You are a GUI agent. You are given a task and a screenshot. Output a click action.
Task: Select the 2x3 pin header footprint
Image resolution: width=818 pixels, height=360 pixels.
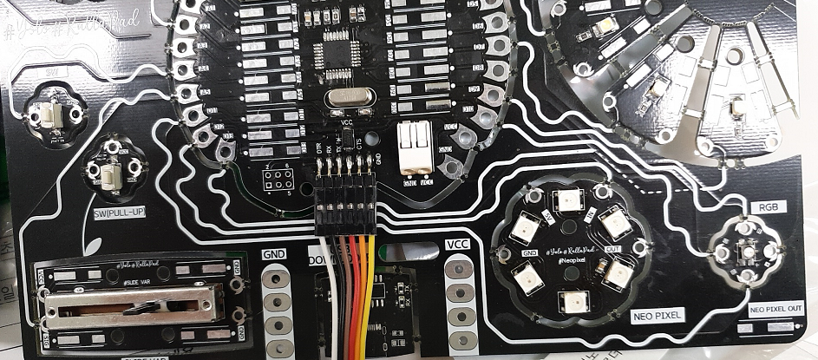(278, 180)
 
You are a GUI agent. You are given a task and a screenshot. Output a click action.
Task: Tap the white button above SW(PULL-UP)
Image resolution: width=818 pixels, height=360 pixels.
(110, 177)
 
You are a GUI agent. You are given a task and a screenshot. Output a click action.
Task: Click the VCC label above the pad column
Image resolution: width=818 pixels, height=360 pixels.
(455, 245)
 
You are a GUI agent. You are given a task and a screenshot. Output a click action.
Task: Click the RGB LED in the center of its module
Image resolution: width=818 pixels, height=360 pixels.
(745, 252)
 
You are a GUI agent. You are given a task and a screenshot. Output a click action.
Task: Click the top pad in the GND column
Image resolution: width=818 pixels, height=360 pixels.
(276, 278)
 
